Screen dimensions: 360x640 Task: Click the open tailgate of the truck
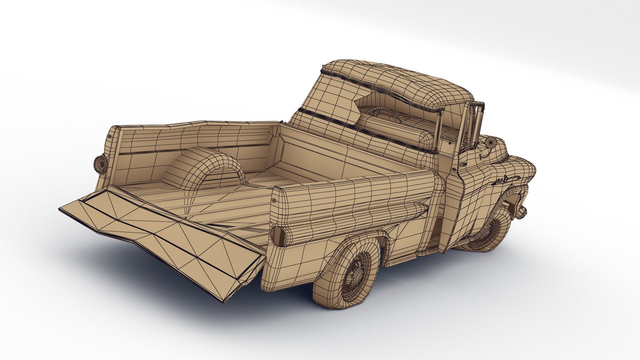pos(160,233)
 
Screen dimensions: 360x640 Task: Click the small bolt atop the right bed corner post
pos(274,200)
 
